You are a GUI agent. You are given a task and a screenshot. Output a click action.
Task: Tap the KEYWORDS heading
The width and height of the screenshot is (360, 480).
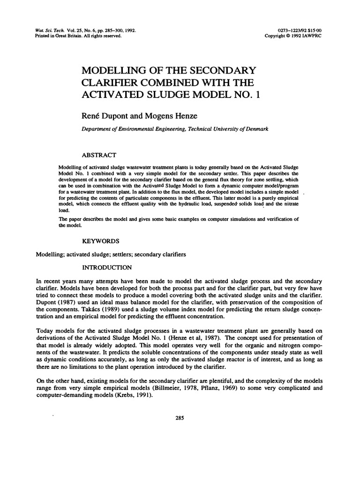point(101,241)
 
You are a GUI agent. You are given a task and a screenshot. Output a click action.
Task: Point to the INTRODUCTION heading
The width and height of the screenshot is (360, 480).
point(107,268)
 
